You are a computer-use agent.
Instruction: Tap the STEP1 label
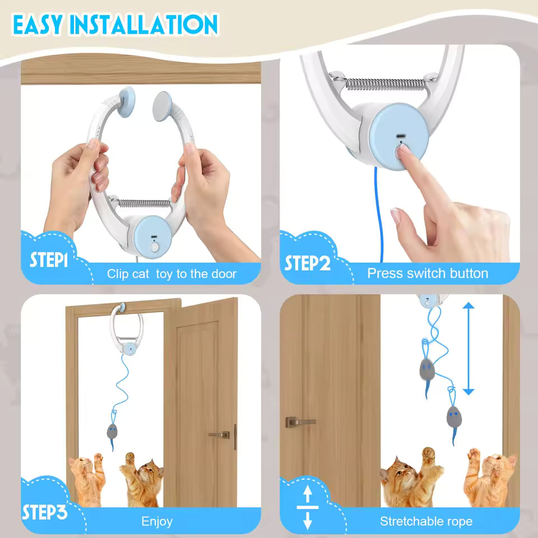click(x=49, y=261)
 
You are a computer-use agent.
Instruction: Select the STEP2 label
click(x=308, y=263)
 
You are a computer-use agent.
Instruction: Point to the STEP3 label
click(x=44, y=512)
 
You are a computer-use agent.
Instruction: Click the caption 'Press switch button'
click(x=427, y=273)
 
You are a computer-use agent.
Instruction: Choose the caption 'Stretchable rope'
click(x=426, y=521)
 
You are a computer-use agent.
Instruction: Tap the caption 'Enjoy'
click(x=157, y=522)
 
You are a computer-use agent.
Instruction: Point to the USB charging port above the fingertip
click(x=401, y=136)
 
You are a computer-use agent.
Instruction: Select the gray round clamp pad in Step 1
click(x=163, y=104)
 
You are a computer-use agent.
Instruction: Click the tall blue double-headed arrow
click(x=469, y=349)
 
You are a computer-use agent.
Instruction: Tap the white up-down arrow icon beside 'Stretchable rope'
click(x=307, y=508)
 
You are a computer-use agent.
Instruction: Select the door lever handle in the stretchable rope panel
click(x=298, y=421)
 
